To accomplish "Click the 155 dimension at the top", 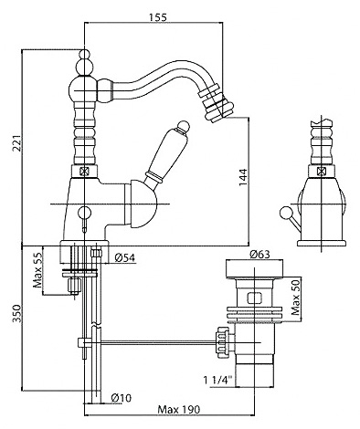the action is tap(158, 17).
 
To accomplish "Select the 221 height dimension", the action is tap(19, 143).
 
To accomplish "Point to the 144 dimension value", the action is tap(243, 177).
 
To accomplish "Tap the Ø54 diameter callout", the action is tap(125, 257).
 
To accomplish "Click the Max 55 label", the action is tap(37, 270).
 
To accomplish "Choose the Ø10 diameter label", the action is tap(121, 398).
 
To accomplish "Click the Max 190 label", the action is tap(179, 409).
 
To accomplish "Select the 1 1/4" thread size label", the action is tap(217, 380).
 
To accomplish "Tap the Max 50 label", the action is tap(295, 298).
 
